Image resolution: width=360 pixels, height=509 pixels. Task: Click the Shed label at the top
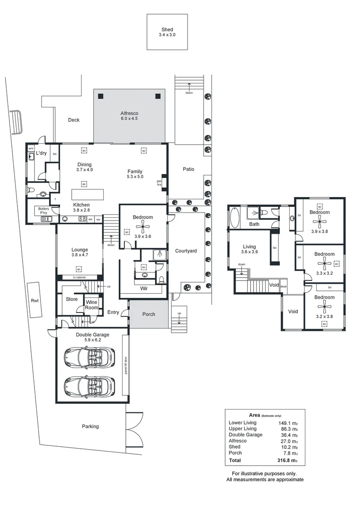coord(167,29)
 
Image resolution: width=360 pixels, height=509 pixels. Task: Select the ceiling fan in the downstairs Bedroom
coord(143,225)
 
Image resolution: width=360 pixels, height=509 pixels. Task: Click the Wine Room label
coord(92,304)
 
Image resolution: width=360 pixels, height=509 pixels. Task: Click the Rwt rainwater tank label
coord(34,300)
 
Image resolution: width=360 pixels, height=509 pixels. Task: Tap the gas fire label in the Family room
coord(159,183)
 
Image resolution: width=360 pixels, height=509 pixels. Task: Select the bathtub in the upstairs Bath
coord(235,217)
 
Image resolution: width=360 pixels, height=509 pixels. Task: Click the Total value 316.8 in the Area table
coord(288,460)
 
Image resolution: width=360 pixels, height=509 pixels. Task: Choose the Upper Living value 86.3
coord(288,428)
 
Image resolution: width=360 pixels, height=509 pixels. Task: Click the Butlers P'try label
coord(44,211)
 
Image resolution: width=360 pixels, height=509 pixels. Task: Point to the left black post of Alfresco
coord(100,96)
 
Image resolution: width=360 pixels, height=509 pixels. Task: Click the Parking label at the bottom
coord(90,427)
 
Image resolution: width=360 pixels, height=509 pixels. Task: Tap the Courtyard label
coord(186,251)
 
